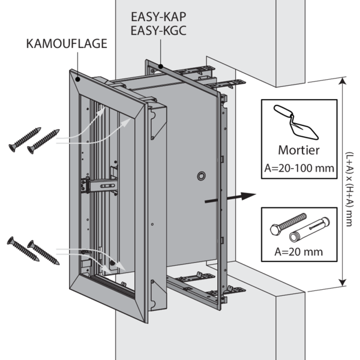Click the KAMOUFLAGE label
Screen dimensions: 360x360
click(x=67, y=43)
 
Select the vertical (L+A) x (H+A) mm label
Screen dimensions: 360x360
click(x=350, y=184)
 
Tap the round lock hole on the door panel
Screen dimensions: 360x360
click(x=200, y=176)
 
